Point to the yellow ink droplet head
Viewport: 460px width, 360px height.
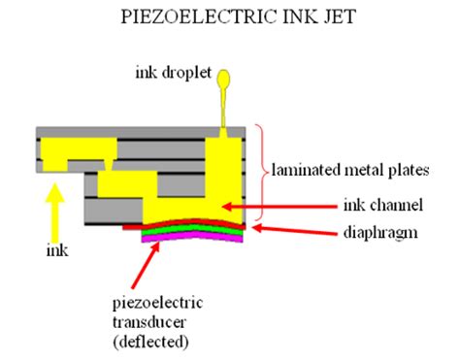click(226, 77)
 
